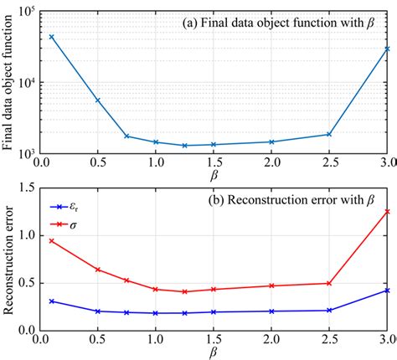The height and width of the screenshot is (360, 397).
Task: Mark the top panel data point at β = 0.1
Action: point(51,37)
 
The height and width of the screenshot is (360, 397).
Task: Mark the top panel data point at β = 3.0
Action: point(388,49)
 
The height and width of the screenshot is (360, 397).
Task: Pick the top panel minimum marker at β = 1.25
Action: point(184,146)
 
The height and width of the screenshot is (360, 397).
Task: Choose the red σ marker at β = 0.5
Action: point(97,270)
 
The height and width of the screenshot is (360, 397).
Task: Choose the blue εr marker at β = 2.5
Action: point(329,310)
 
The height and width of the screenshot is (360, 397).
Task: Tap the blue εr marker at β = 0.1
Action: point(51,301)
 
